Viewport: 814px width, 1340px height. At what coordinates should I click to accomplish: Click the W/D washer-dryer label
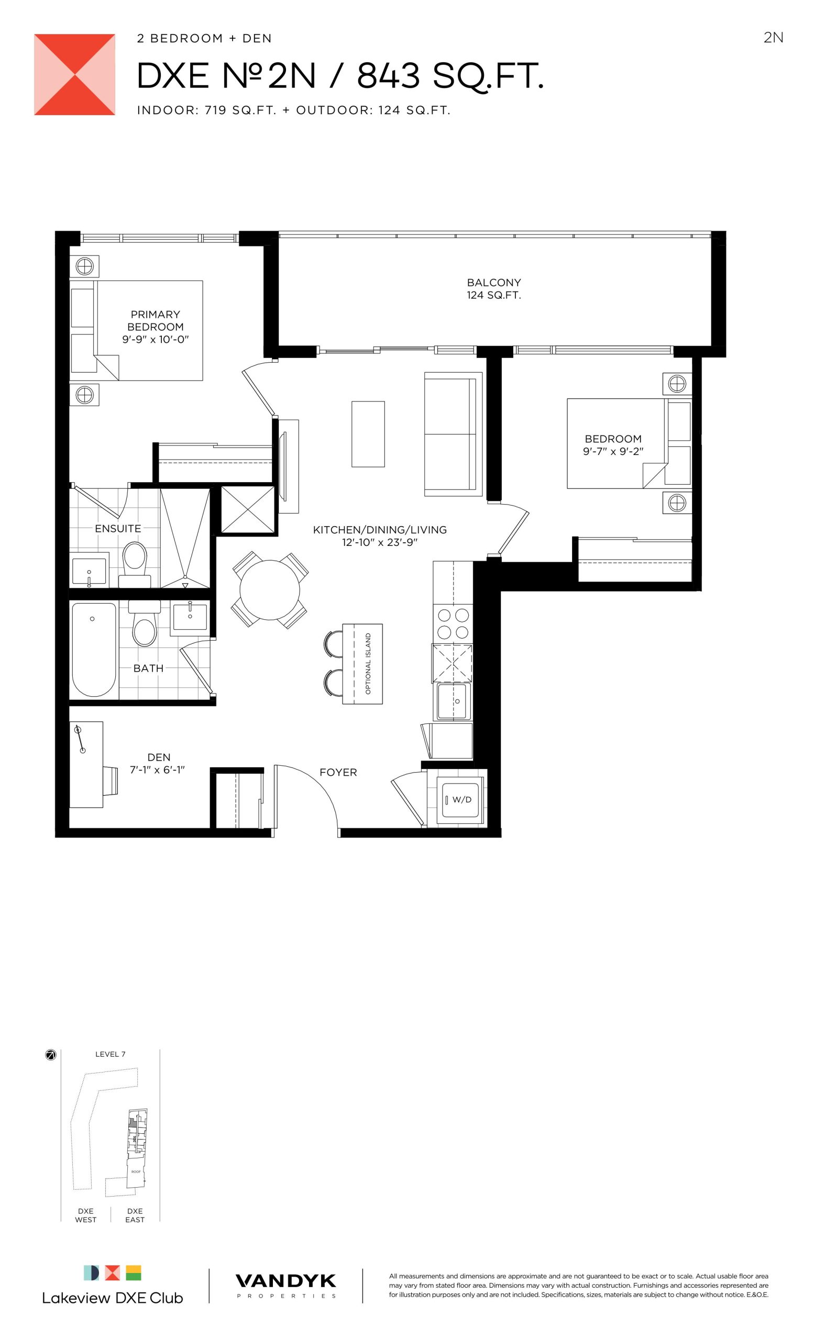(461, 799)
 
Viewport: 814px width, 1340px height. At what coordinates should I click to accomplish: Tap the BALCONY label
(493, 282)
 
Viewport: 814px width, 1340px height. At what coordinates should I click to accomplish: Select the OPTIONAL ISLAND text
(368, 664)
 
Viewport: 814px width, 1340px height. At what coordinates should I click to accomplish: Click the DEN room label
(159, 757)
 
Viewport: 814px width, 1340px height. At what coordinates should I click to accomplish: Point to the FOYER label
(338, 772)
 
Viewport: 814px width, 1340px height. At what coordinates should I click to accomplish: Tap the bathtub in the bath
(94, 650)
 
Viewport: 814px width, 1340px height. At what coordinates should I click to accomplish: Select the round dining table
(270, 590)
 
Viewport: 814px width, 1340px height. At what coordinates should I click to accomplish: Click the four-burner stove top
(453, 624)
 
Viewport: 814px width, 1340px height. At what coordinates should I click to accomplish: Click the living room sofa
(453, 434)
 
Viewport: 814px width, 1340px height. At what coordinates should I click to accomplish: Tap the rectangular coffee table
(368, 434)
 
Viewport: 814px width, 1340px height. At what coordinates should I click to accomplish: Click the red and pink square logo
(74, 74)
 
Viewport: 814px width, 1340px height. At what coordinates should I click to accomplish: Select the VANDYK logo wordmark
(285, 1281)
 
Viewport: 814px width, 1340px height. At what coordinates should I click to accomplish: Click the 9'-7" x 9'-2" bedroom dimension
(613, 451)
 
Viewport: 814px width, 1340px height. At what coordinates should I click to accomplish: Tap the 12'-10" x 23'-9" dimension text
(380, 542)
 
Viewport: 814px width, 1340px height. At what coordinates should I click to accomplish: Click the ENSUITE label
(118, 529)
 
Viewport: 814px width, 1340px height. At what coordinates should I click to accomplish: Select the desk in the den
(86, 764)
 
